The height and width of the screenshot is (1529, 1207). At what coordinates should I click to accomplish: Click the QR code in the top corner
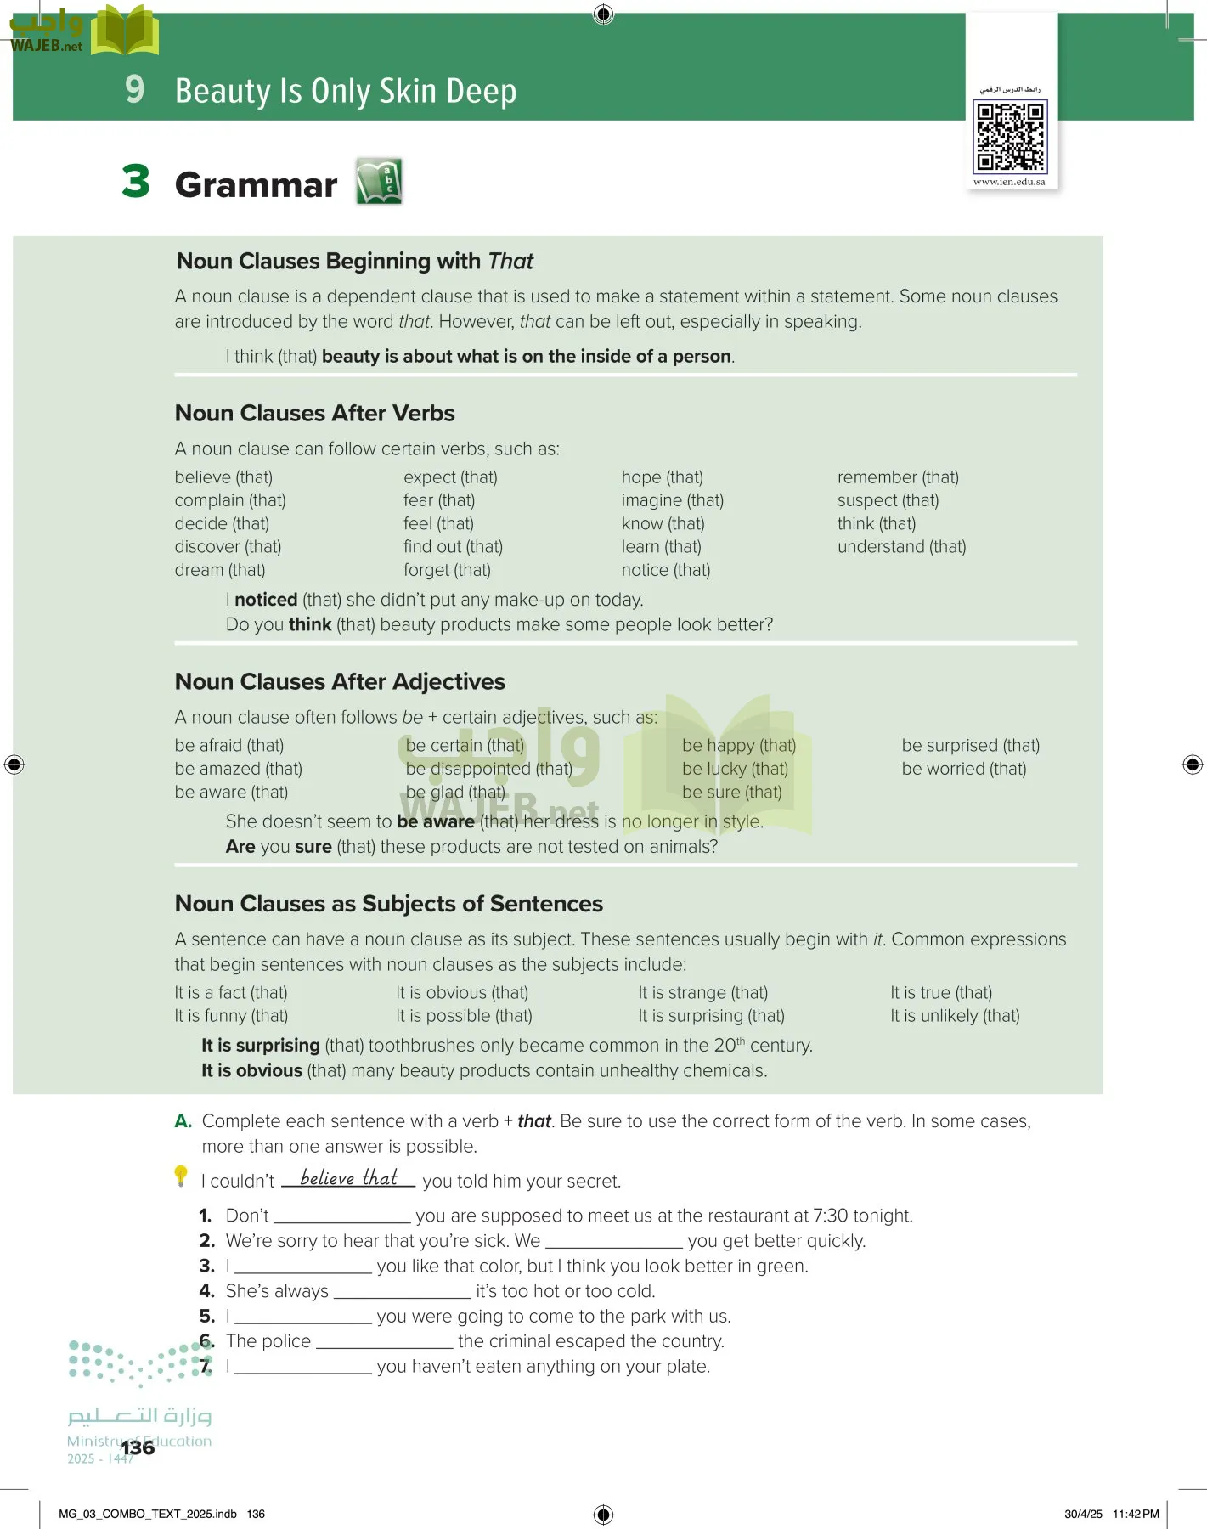pos(1010,136)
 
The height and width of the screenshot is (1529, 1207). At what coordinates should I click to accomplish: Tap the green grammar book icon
pos(379,181)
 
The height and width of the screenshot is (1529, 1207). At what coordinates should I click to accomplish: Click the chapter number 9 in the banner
pos(134,89)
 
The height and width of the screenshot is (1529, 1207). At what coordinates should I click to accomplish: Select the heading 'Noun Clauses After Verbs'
pos(314,414)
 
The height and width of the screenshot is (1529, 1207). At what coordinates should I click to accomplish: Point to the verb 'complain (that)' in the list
pos(230,500)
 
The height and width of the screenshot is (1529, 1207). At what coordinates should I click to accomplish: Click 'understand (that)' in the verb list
pos(901,547)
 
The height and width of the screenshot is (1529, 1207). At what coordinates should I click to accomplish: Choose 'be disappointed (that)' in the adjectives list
pos(488,769)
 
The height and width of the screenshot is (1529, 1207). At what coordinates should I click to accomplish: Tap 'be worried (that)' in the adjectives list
pos(963,769)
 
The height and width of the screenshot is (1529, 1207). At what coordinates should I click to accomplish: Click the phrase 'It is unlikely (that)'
pos(955,1016)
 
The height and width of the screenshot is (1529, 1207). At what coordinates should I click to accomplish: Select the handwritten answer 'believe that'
pos(348,1178)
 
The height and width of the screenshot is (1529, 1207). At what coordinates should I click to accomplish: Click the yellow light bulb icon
pos(181,1176)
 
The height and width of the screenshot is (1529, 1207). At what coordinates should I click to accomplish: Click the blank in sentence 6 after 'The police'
pos(384,1344)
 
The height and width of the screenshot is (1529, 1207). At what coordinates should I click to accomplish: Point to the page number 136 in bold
pos(138,1447)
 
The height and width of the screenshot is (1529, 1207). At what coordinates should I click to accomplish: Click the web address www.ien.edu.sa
pos(1009,182)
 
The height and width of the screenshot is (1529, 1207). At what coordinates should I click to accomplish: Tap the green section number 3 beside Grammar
pos(136,182)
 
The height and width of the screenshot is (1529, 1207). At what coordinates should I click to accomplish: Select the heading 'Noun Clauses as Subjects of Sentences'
pos(388,904)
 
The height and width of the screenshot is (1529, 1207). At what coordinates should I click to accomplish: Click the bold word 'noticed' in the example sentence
pos(266,600)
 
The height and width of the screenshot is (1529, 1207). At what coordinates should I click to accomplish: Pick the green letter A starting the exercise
pos(183,1121)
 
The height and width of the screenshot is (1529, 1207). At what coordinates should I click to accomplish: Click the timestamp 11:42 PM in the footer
pos(1136,1514)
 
